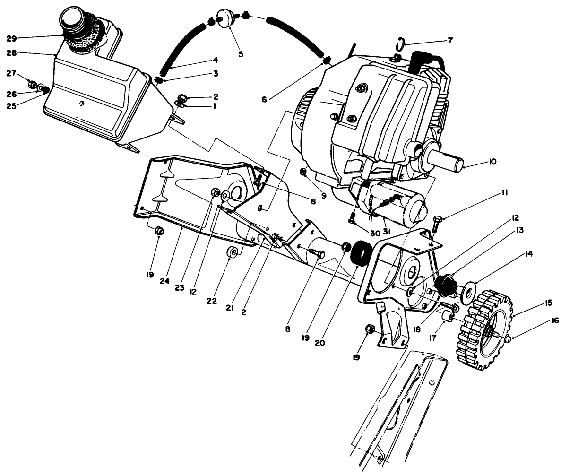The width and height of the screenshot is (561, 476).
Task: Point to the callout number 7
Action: [x=450, y=41]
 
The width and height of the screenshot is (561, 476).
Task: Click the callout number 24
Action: [x=164, y=282]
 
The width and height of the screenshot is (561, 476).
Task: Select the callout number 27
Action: [x=10, y=73]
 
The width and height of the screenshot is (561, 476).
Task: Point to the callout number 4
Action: [x=215, y=60]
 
